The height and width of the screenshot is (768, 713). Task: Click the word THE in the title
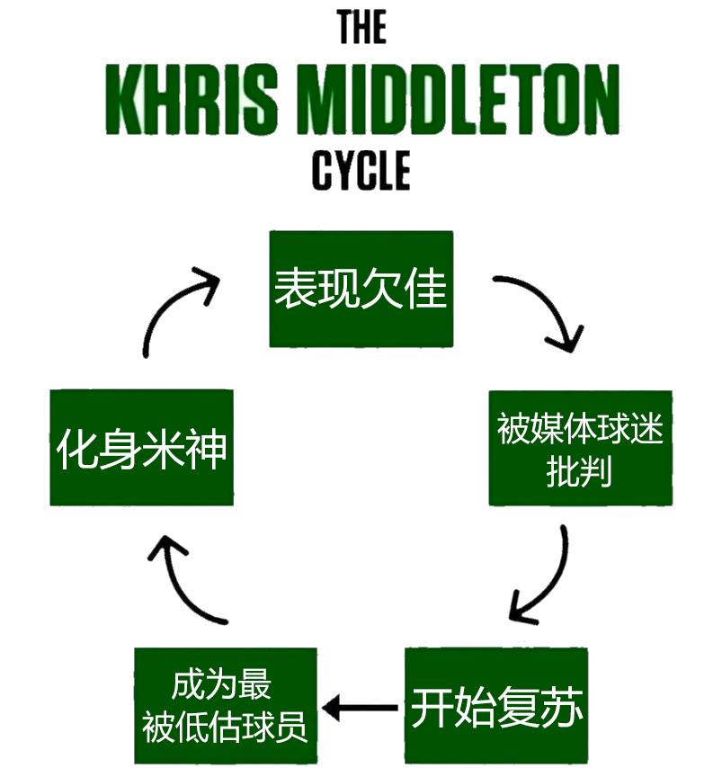pos(361,28)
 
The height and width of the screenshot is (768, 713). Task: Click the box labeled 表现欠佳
pos(361,289)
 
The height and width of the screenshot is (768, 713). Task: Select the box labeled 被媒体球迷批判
pos(580,448)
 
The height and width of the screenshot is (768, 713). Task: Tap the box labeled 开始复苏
pos(497,705)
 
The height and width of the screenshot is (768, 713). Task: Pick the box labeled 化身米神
pos(141,447)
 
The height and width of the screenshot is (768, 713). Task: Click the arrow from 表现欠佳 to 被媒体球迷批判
pos(542,310)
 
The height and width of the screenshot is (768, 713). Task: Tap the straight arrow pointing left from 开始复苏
pos(361,708)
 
